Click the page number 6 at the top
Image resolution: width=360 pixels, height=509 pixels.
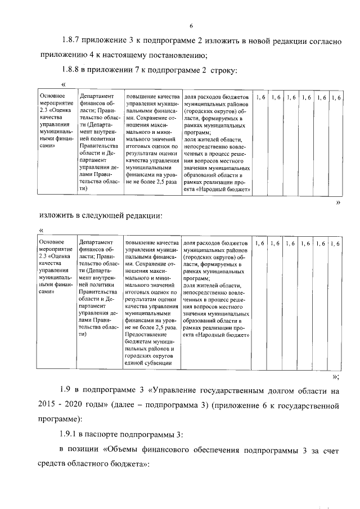point(191,25)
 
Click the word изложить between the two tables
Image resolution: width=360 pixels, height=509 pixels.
point(58,215)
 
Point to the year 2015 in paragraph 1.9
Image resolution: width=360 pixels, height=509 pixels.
point(49,404)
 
